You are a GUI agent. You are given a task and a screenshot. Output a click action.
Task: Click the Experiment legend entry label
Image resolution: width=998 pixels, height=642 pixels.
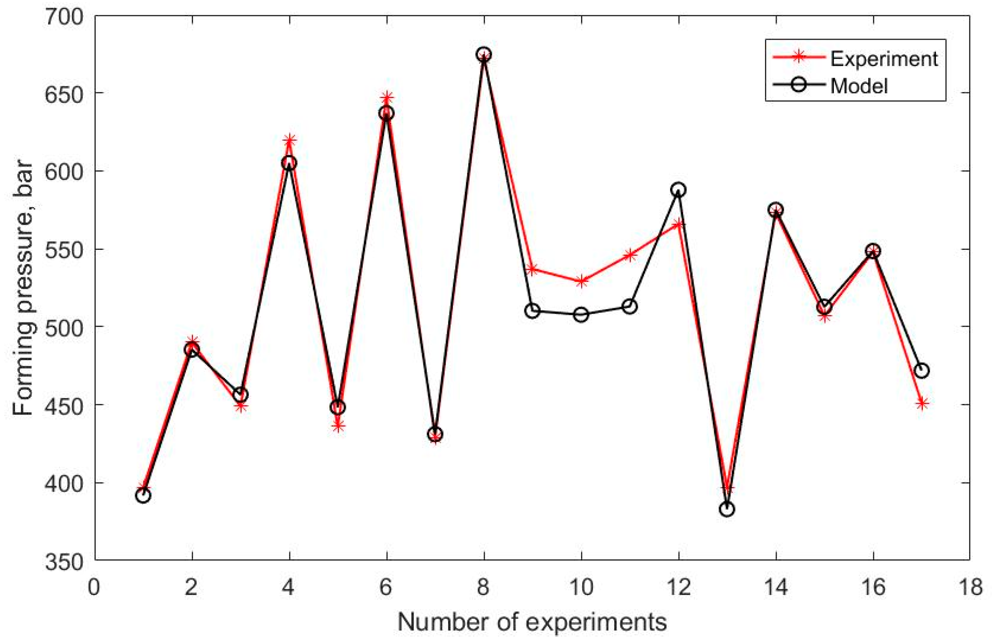pyautogui.click(x=884, y=59)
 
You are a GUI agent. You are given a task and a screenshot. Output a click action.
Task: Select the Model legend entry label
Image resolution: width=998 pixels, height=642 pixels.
pyautogui.click(x=859, y=86)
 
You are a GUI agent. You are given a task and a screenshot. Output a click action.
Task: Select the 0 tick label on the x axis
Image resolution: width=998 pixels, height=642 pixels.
pyautogui.click(x=94, y=587)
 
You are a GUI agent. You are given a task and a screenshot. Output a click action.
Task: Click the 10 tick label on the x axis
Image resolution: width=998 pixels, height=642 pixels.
pyautogui.click(x=581, y=587)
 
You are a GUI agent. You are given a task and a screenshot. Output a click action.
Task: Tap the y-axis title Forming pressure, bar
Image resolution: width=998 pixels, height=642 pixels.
pyautogui.click(x=22, y=288)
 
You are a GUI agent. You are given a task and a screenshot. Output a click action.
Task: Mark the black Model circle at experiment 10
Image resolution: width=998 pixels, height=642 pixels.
pyautogui.click(x=581, y=314)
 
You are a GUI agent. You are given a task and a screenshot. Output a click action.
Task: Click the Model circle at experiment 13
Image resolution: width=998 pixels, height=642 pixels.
pyautogui.click(x=727, y=509)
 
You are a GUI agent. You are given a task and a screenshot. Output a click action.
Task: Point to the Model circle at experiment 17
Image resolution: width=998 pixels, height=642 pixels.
pyautogui.click(x=922, y=371)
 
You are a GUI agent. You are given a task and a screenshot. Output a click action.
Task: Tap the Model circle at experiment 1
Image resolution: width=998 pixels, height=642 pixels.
pyautogui.click(x=143, y=496)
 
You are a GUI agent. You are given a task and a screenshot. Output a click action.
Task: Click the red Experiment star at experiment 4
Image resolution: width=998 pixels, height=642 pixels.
pyautogui.click(x=290, y=140)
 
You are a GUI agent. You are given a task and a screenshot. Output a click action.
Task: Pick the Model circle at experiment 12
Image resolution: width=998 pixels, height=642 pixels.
pyautogui.click(x=678, y=190)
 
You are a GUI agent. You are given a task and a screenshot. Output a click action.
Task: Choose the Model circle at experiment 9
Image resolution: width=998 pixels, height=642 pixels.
pyautogui.click(x=532, y=311)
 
